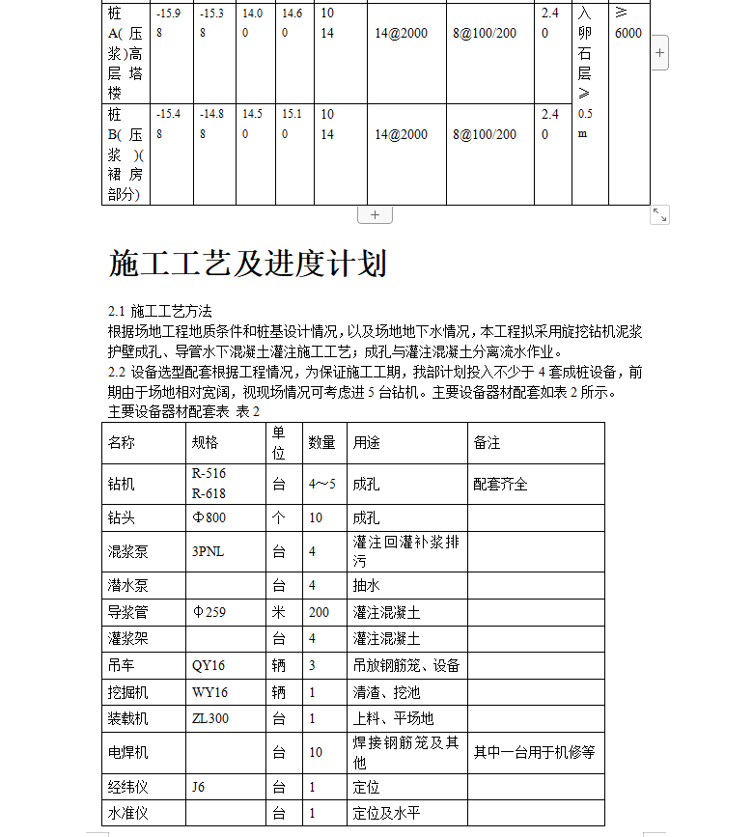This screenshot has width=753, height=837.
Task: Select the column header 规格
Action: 205,443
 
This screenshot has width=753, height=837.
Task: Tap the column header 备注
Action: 487,443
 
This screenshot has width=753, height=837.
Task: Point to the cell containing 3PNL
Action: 209,552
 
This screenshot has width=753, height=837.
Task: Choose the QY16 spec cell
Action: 209,665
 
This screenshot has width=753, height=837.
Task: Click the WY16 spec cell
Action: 209,692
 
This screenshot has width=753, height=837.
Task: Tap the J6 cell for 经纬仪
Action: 198,787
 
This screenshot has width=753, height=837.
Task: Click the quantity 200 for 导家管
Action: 319,612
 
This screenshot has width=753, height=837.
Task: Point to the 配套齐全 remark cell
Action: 500,484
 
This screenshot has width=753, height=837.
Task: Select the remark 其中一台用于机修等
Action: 534,752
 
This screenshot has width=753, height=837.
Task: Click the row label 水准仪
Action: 127,813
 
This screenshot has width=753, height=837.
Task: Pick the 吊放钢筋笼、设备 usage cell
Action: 405,665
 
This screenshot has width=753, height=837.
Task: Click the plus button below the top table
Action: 375,215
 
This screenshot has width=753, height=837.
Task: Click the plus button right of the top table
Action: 659,53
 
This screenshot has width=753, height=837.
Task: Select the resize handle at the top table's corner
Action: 659,215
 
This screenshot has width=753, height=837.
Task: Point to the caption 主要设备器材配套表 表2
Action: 183,411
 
